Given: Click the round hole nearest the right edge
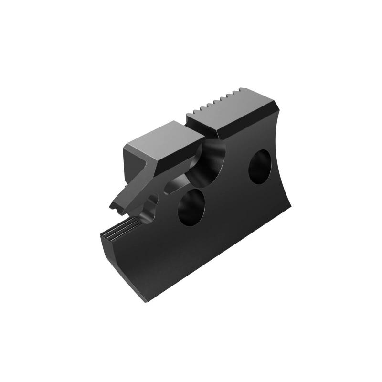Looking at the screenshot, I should point(260,166).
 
